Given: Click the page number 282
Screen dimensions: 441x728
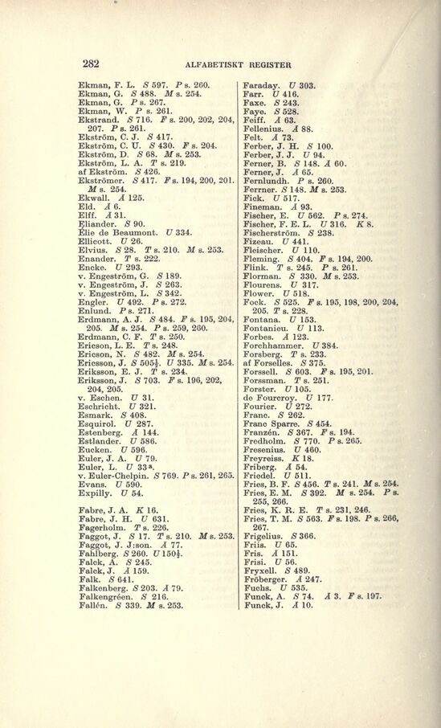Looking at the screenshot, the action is (89, 63).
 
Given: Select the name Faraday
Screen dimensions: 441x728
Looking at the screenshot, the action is (260, 84).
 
